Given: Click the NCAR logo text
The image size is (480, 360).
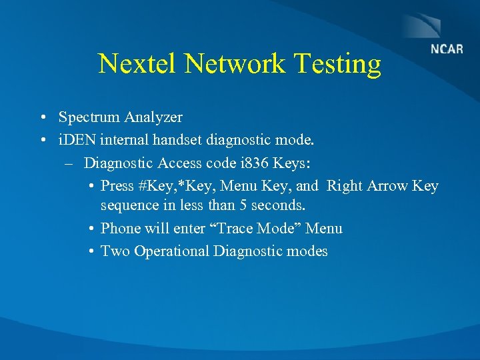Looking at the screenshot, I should pos(447,50).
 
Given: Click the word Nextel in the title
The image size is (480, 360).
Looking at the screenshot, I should pos(138,64).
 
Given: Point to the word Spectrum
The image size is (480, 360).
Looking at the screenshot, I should pos(86,117).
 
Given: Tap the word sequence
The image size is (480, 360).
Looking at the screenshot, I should pos(129,205).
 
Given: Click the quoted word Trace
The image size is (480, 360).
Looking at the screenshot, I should pos(239,228).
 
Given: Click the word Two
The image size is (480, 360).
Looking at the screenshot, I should pos(115,251).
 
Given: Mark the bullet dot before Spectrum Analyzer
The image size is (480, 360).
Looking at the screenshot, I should pos(42,118).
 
